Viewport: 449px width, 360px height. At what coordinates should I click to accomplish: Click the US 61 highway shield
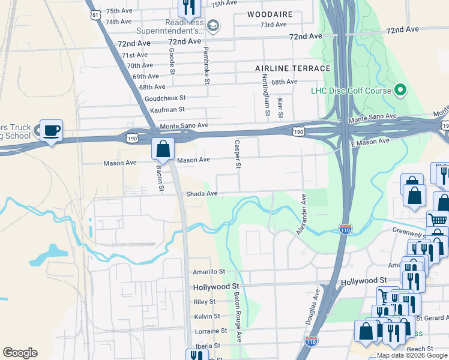(93, 13)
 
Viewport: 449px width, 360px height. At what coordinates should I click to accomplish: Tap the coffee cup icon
(51, 130)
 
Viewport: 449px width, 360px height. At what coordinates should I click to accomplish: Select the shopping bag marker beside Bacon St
(163, 148)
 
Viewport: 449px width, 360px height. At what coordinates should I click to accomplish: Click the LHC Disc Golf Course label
(351, 91)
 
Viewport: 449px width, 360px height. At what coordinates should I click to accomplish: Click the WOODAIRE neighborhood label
(270, 14)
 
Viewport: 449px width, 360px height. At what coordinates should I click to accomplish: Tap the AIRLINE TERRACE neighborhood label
(292, 68)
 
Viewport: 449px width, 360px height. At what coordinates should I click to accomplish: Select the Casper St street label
(238, 154)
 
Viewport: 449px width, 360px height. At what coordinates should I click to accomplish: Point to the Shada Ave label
(202, 194)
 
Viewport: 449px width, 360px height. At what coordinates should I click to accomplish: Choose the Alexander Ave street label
(303, 214)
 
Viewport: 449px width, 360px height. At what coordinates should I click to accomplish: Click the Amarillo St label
(209, 272)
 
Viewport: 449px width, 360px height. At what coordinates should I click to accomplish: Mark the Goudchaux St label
(166, 98)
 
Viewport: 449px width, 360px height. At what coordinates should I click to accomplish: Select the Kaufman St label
(167, 109)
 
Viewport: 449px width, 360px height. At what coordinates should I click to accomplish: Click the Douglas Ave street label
(313, 308)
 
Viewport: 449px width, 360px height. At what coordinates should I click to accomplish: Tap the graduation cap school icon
(213, 25)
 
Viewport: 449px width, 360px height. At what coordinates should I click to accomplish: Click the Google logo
(20, 353)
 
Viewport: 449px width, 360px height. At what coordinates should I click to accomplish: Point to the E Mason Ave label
(371, 140)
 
